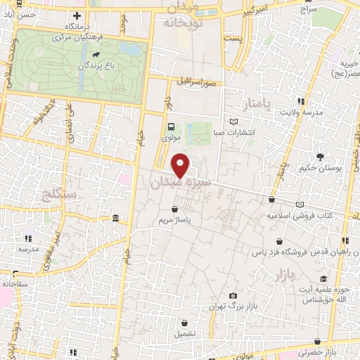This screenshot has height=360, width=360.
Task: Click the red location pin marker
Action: click(x=181, y=165)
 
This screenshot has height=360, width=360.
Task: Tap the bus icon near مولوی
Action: click(x=171, y=127)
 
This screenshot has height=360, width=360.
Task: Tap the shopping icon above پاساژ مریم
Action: click(x=174, y=209)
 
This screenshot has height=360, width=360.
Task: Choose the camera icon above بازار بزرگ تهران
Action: click(x=233, y=296)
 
